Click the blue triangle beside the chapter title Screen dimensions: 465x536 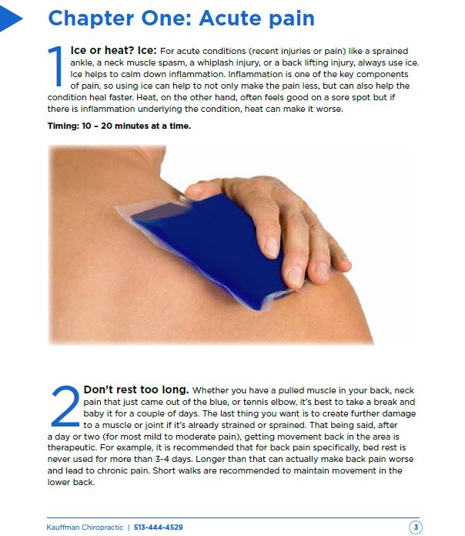[9, 18]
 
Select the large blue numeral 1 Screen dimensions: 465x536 [56, 66]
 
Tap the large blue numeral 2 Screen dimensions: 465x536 [65, 406]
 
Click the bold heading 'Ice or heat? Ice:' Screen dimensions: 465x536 [113, 51]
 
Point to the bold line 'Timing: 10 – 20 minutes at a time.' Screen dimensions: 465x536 [119, 126]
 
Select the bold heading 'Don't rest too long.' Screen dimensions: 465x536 [136, 389]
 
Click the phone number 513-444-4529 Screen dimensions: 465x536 [159, 527]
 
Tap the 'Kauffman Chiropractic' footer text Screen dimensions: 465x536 [85, 527]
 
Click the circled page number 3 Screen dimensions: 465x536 [416, 527]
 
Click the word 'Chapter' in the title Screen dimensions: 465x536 [91, 19]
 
